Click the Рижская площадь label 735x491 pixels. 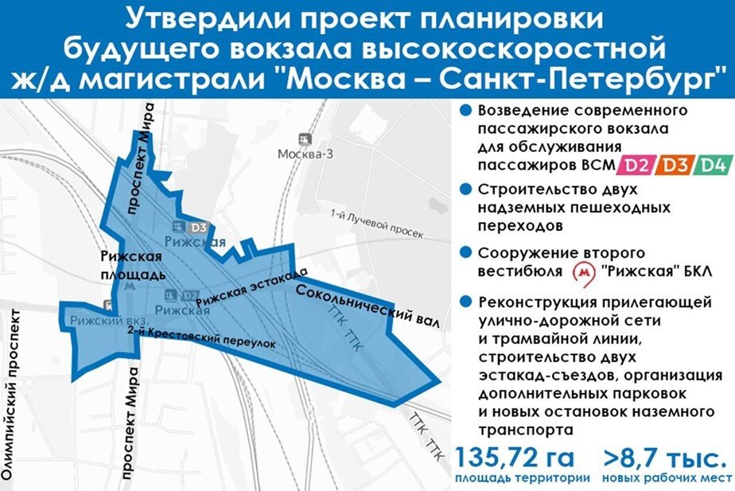(x=133, y=265)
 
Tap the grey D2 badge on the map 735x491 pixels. (x=189, y=296)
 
